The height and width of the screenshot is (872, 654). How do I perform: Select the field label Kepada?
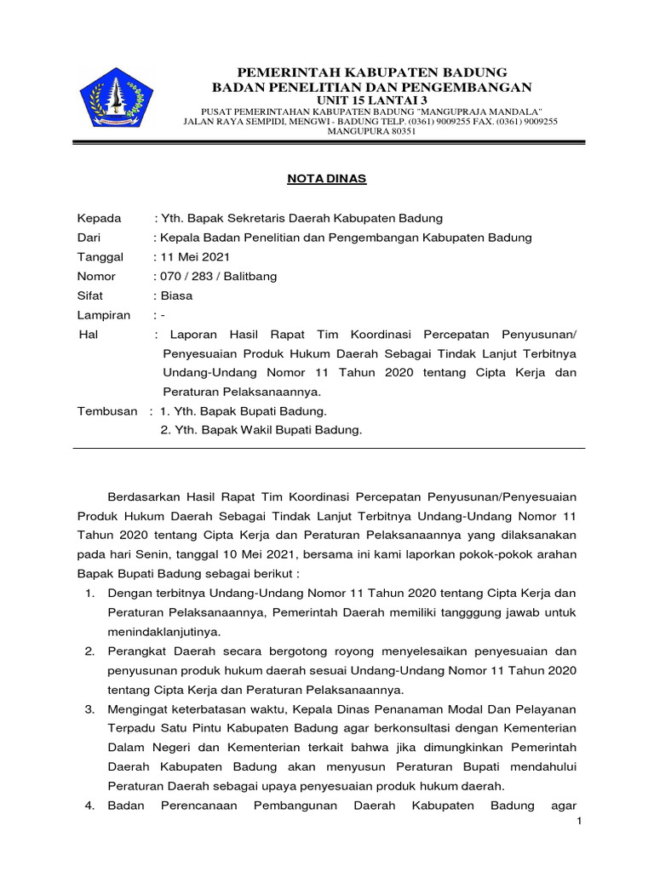(x=100, y=218)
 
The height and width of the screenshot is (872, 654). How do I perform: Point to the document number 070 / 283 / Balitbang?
(x=218, y=277)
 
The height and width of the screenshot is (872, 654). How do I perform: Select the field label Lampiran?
(x=104, y=316)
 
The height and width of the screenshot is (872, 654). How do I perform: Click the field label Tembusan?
(x=107, y=411)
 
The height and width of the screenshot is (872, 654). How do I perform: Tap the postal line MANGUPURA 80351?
(x=371, y=132)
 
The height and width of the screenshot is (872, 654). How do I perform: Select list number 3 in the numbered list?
(x=89, y=709)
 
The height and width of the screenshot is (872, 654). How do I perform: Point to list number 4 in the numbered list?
(x=89, y=806)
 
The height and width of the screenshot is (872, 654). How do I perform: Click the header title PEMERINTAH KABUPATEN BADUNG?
(x=371, y=71)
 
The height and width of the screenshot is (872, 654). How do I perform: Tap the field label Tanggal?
(x=100, y=257)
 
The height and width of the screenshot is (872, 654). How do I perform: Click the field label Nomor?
(x=96, y=277)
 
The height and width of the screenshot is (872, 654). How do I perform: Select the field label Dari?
(x=89, y=238)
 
